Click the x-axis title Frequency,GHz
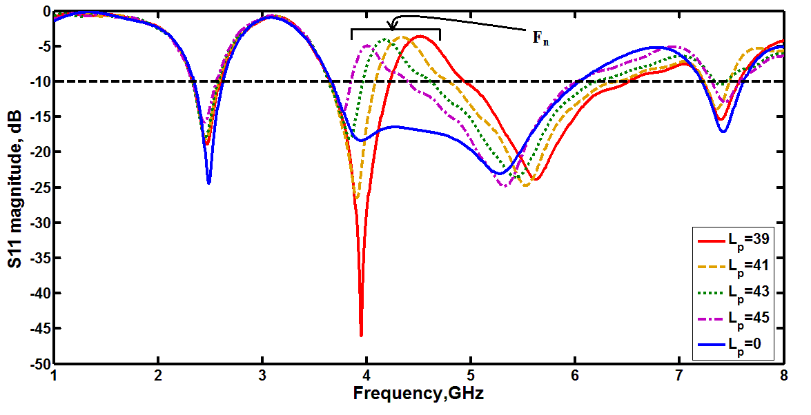point(418,394)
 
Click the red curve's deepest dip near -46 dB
point(361,336)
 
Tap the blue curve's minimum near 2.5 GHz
point(208,183)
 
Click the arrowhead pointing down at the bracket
point(393,28)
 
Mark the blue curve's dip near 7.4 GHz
point(723,131)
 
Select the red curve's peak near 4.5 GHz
point(418,36)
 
